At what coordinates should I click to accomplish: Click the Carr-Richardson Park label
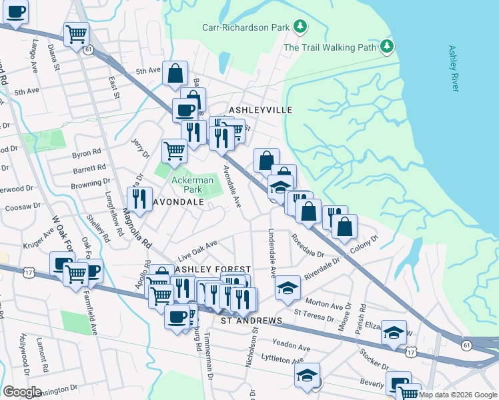coord(246,27)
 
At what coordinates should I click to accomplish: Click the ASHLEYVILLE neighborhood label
coord(261,109)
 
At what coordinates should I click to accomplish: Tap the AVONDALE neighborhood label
coord(179,201)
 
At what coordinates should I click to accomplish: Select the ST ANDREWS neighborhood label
coord(251,321)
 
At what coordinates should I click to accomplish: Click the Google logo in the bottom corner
coord(22,391)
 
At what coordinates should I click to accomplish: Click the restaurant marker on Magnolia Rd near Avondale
coord(139,198)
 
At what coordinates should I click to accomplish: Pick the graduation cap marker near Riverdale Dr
coord(288,287)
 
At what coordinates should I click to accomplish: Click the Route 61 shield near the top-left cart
coord(88,49)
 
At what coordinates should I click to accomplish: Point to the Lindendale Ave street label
coord(272,254)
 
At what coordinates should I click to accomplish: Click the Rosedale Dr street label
coord(306,245)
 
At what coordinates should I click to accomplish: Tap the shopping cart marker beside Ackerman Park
coord(174,150)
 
